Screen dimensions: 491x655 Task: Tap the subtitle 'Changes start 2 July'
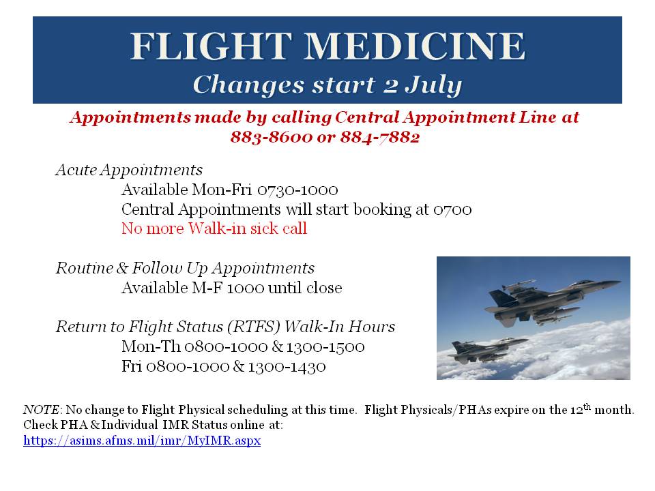pyautogui.click(x=327, y=85)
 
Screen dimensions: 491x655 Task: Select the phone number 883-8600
pyautogui.click(x=270, y=136)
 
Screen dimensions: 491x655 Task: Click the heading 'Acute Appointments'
pyautogui.click(x=129, y=170)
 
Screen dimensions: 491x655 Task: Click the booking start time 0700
pyautogui.click(x=452, y=209)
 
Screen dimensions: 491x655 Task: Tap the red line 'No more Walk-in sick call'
pyautogui.click(x=214, y=228)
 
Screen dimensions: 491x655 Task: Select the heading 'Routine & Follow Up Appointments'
pyautogui.click(x=185, y=268)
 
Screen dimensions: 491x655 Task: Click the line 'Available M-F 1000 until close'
pyautogui.click(x=231, y=288)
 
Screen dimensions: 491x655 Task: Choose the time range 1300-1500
pyautogui.click(x=325, y=346)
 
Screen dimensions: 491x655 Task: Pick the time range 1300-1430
pyautogui.click(x=287, y=366)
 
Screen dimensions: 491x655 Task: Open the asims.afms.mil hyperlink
pyautogui.click(x=142, y=441)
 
